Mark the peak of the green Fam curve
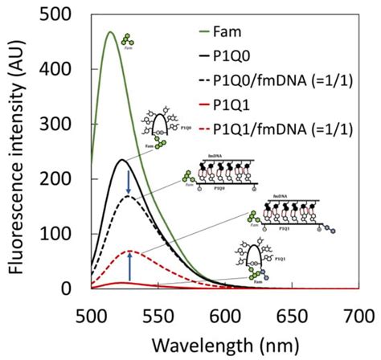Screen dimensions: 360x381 (x=109, y=32)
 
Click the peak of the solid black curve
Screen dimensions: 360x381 (x=121, y=160)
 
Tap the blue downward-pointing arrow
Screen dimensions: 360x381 (x=129, y=185)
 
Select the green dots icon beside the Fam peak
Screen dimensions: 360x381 (x=128, y=39)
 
